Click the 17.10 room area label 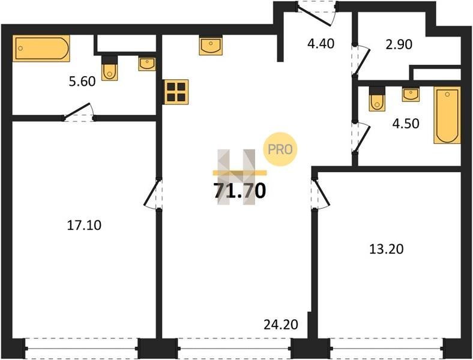tap(84, 225)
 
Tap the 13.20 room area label tap(387, 249)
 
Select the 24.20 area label tap(281, 325)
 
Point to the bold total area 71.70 tap(240, 191)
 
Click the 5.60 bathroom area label tap(82, 82)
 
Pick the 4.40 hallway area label tap(321, 44)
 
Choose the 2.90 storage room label tap(399, 44)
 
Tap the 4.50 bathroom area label tap(406, 124)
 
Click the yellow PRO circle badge tap(280, 149)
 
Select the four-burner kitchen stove tap(175, 92)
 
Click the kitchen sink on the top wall tap(211, 46)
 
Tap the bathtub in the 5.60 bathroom tap(41, 48)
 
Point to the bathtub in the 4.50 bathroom tap(447, 115)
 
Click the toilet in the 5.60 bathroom tap(109, 68)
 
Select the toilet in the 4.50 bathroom tap(377, 99)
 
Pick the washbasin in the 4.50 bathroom tap(411, 94)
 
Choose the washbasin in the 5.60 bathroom tap(147, 64)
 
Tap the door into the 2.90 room tap(361, 61)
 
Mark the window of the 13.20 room tap(387, 349)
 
